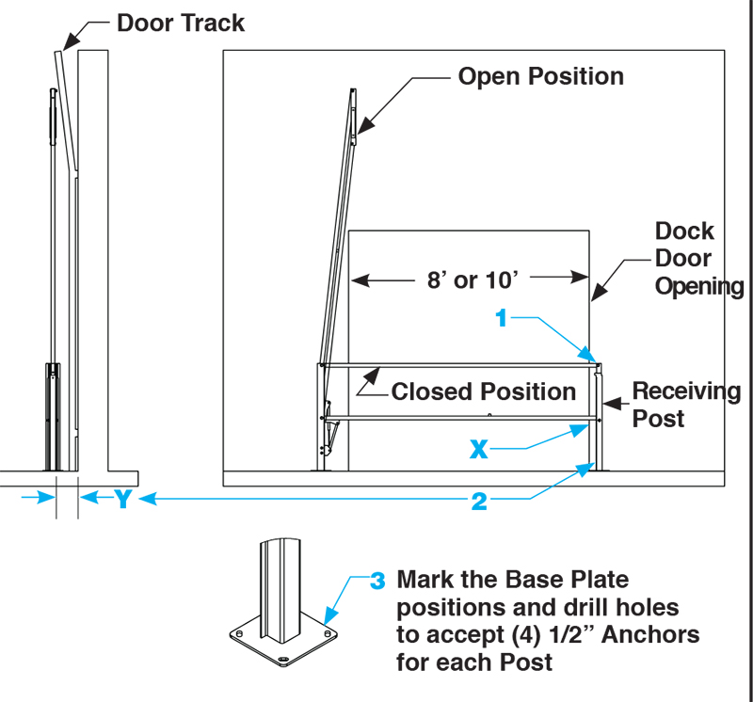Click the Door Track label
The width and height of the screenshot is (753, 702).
(x=181, y=23)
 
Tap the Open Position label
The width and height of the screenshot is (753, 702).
(x=540, y=76)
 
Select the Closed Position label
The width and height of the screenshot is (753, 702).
(x=484, y=391)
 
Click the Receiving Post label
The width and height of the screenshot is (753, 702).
(x=685, y=404)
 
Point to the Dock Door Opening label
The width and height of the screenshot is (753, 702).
(x=697, y=259)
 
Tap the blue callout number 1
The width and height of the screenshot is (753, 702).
(x=502, y=319)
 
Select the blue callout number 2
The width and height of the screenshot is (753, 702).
(x=479, y=502)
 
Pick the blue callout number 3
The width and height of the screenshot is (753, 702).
(x=377, y=581)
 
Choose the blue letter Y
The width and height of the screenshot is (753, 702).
(x=122, y=500)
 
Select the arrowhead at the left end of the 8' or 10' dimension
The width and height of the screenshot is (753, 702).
(x=358, y=279)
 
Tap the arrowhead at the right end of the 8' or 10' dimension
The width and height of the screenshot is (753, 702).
(x=583, y=279)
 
